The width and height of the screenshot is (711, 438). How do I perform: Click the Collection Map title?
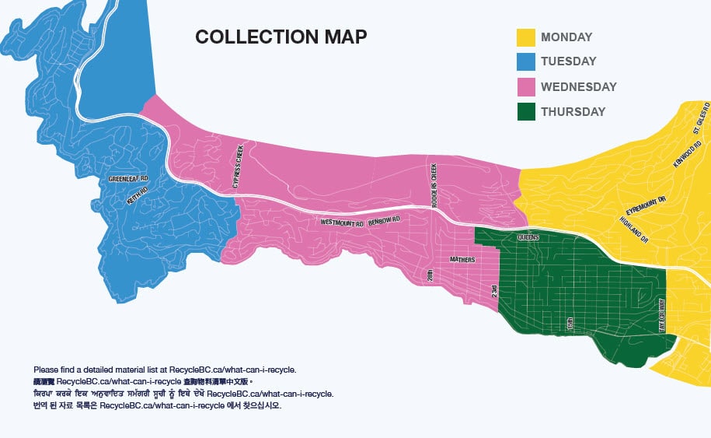click(281, 37)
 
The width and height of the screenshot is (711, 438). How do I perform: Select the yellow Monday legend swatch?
click(526, 37)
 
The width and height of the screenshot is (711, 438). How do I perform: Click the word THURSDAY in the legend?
click(573, 112)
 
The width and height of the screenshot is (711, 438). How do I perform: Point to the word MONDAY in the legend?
click(566, 37)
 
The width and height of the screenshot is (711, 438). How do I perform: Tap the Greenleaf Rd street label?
click(128, 179)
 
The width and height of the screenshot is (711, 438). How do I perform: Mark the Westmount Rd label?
click(342, 223)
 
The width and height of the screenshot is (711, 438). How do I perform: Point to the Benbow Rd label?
click(384, 222)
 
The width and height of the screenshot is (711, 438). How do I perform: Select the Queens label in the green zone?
click(528, 236)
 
